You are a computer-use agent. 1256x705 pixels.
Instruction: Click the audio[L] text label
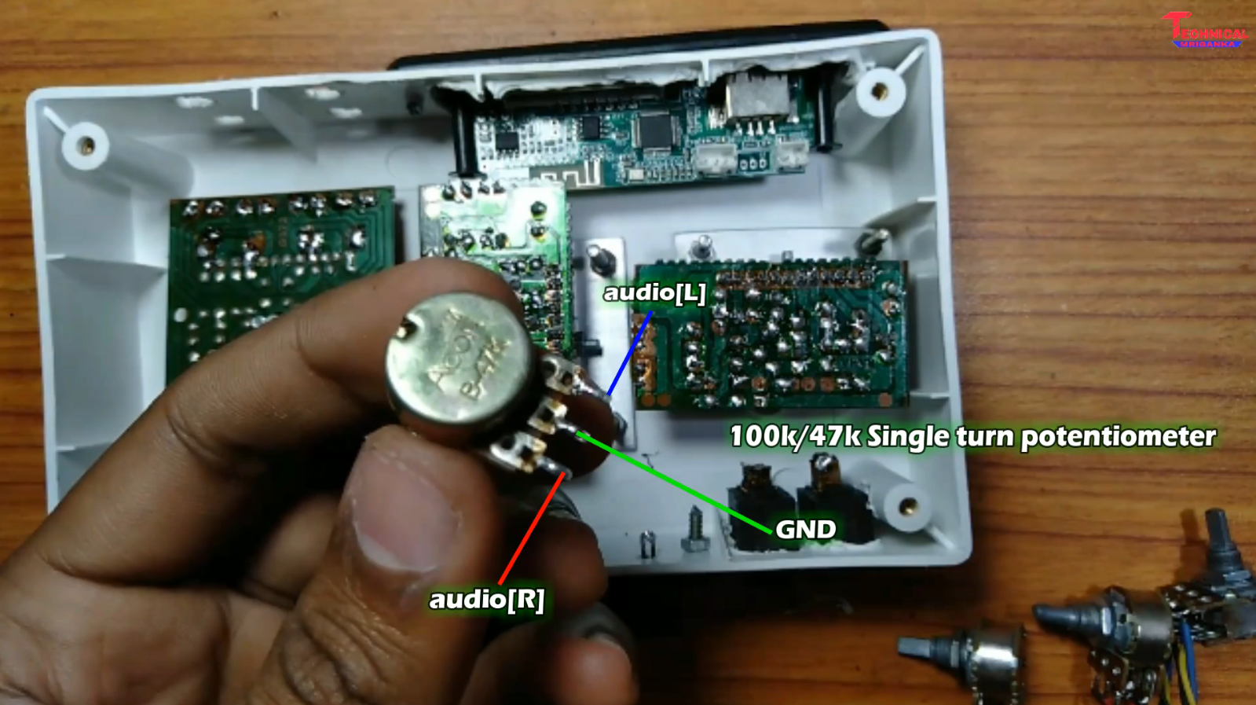click(654, 293)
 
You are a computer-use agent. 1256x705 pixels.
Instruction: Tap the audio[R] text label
click(486, 600)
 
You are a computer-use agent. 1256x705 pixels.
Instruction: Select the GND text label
click(805, 530)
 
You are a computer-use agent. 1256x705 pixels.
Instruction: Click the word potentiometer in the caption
click(1118, 437)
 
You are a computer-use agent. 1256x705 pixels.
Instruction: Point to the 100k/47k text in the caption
click(795, 436)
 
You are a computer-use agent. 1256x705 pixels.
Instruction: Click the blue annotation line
click(629, 354)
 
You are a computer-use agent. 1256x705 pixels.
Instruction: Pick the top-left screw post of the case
click(85, 145)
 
